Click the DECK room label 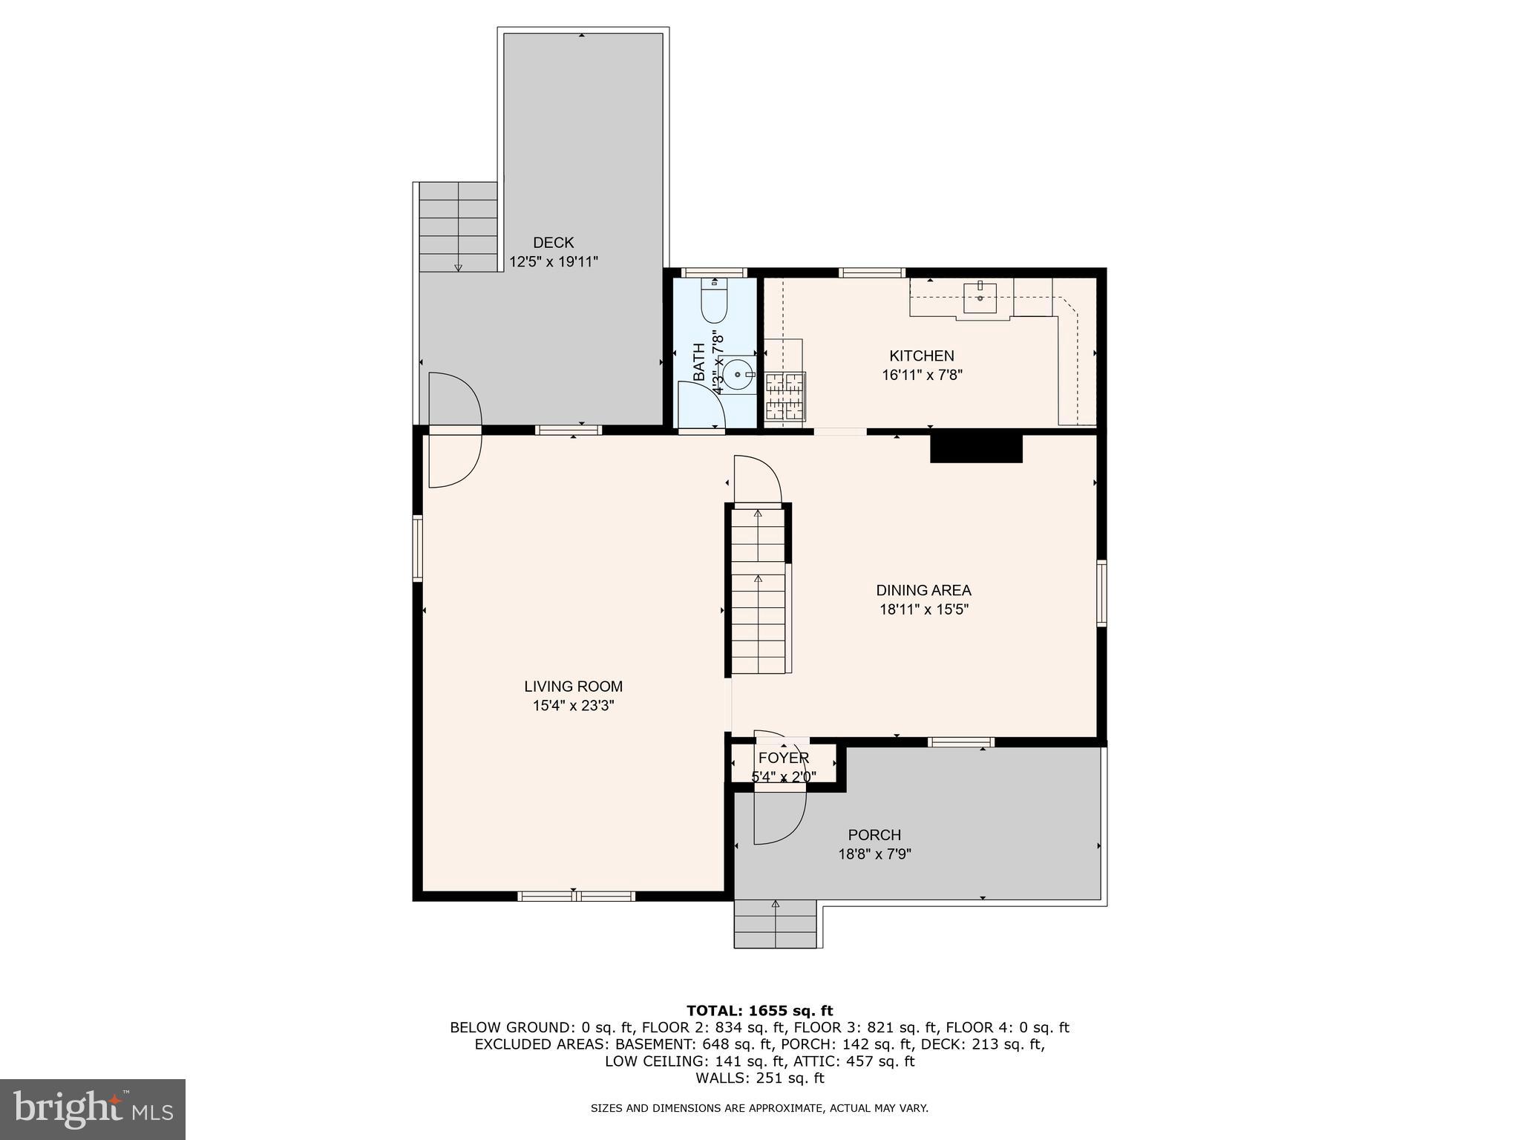click(553, 243)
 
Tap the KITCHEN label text click(922, 356)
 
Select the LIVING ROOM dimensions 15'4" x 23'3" click(573, 706)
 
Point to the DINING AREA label click(923, 591)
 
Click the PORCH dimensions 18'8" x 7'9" click(874, 854)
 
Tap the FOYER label click(783, 759)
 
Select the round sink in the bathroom click(738, 375)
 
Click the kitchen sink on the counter click(980, 298)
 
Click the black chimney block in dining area click(976, 448)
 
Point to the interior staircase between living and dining click(758, 590)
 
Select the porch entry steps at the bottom click(775, 924)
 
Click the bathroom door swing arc click(701, 404)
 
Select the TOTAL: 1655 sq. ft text click(759, 1011)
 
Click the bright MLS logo click(92, 1110)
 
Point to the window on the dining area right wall click(1101, 594)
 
